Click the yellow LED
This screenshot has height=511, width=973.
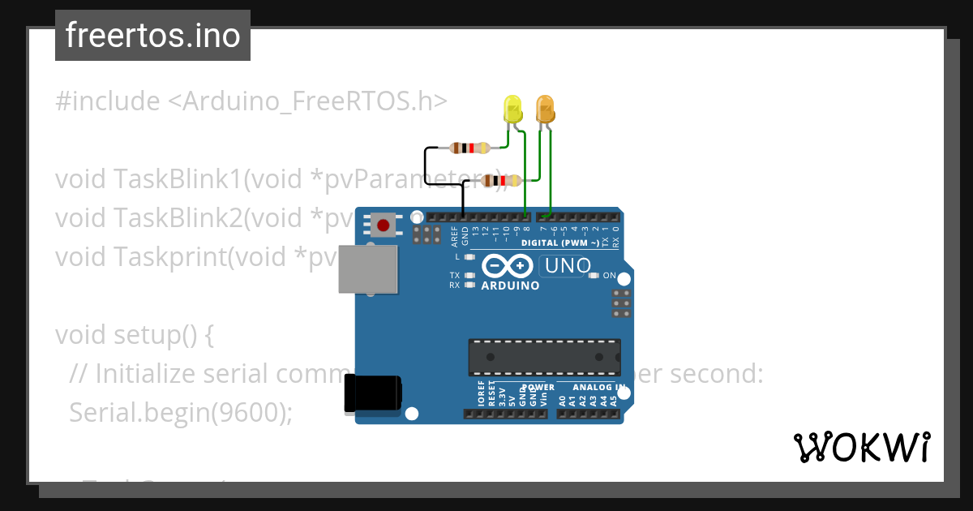[x=512, y=109]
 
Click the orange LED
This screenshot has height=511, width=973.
[x=545, y=109]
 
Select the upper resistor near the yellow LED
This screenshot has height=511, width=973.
[x=469, y=148]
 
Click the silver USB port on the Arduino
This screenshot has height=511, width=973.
[x=367, y=269]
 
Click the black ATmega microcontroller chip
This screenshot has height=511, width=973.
[x=544, y=357]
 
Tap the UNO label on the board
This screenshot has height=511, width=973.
[x=567, y=266]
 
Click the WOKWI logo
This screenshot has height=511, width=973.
[x=861, y=447]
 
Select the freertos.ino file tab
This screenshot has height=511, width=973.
[x=152, y=36]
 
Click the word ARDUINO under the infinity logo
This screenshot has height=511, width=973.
[x=510, y=286]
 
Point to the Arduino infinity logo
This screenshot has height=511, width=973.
[x=508, y=265]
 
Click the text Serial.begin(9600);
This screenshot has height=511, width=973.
[x=180, y=412]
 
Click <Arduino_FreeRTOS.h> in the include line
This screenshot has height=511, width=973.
[x=307, y=101]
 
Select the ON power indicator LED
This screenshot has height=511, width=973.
[x=594, y=276]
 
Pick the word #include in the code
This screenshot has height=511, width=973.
[x=107, y=101]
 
